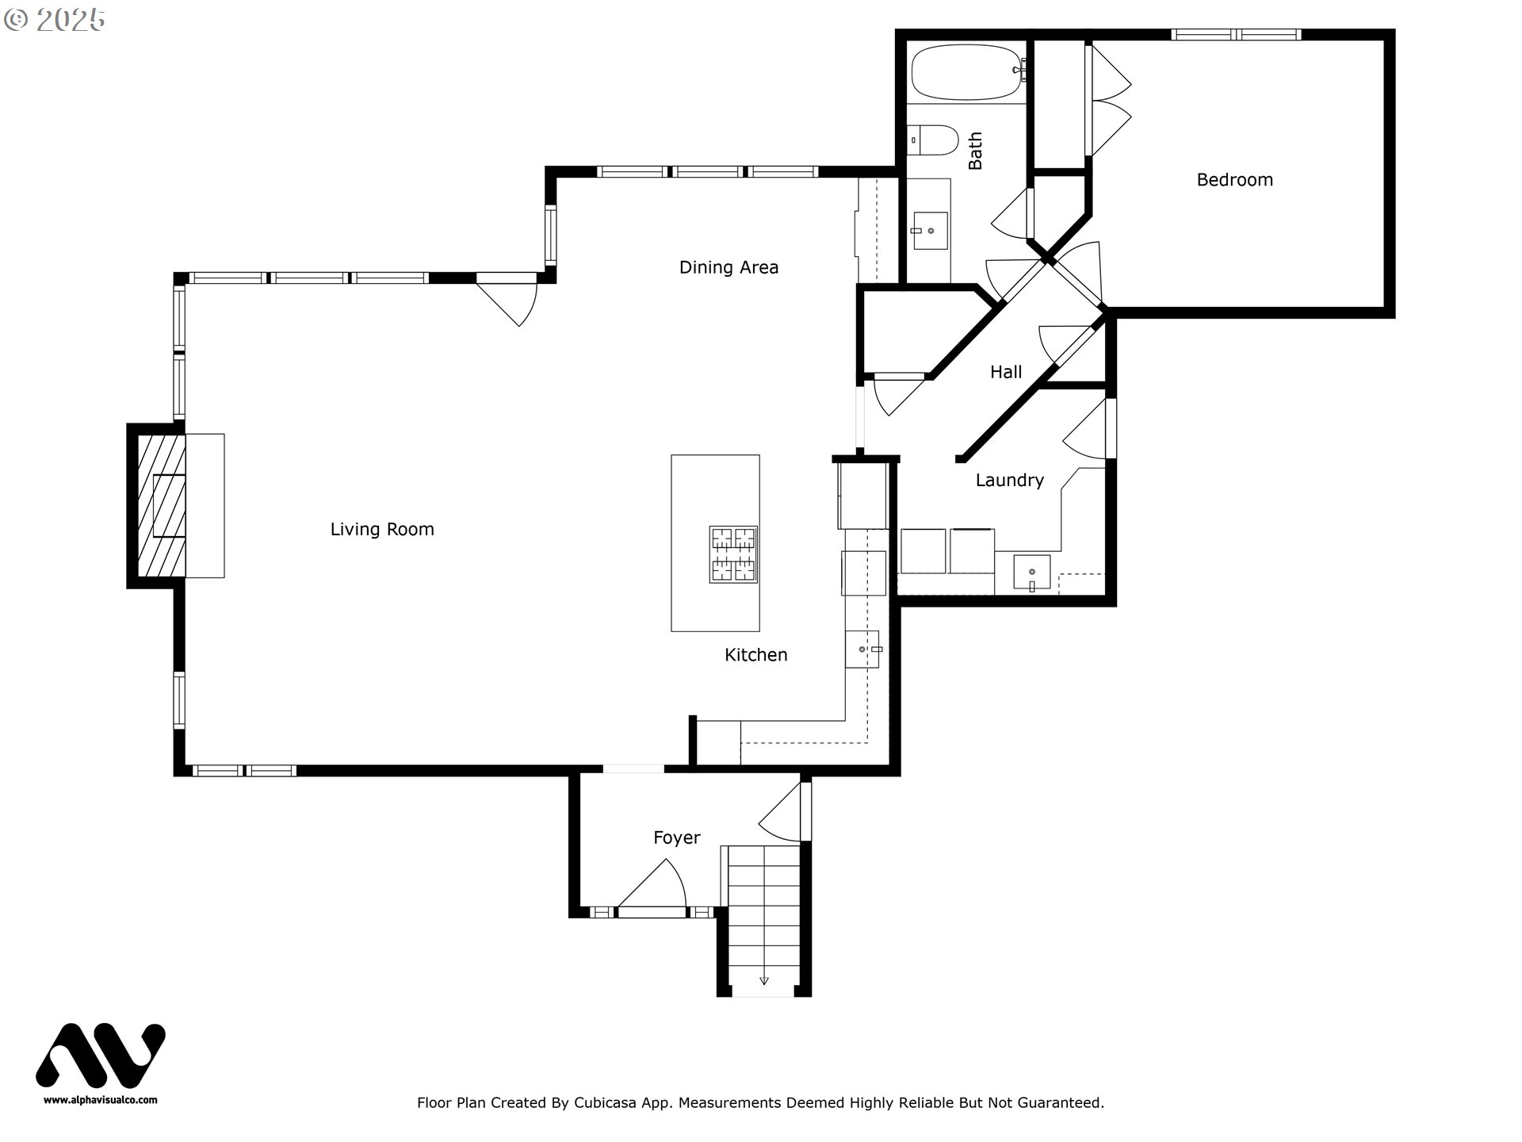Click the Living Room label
tap(382, 529)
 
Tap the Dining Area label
tap(728, 267)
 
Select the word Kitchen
tap(755, 655)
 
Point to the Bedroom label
tap(1234, 180)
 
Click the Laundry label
tap(1009, 481)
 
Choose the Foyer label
tap(676, 837)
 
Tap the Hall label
tap(1005, 372)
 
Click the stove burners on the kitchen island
tap(733, 554)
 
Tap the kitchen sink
tap(862, 650)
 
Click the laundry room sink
tap(1031, 573)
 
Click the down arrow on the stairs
tap(764, 980)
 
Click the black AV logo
tap(101, 1057)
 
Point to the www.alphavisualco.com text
tap(101, 1100)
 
